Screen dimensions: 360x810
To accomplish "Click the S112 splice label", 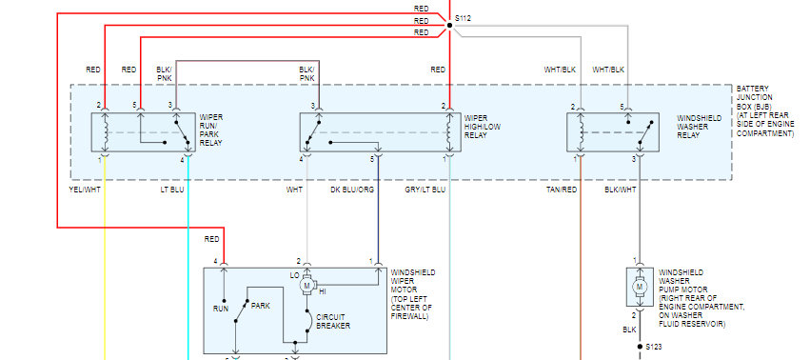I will pyautogui.click(x=463, y=19).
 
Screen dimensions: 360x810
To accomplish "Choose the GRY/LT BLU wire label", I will pyautogui.click(x=425, y=190).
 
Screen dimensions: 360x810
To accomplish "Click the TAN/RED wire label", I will pyautogui.click(x=562, y=190).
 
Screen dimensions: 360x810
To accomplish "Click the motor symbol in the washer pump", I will pyautogui.click(x=639, y=286).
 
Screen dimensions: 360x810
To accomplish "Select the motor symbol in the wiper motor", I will pyautogui.click(x=306, y=285).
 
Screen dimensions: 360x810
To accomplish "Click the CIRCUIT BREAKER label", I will pyautogui.click(x=333, y=321).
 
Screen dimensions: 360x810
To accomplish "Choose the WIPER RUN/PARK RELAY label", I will pyautogui.click(x=211, y=129).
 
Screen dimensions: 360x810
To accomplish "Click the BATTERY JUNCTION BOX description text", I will pyautogui.click(x=765, y=111).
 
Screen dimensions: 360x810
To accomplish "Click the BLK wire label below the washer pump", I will pyautogui.click(x=629, y=330).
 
